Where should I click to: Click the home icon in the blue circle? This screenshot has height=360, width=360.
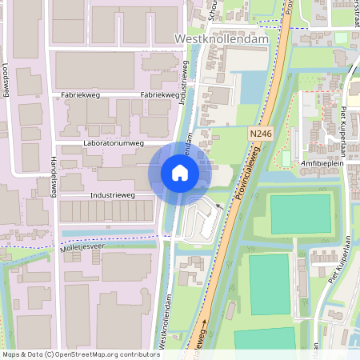tap(180, 173)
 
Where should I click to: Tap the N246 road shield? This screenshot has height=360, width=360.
tap(259, 133)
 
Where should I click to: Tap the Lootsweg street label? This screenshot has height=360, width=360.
tap(6, 79)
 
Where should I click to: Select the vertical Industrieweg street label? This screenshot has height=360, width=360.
tap(185, 84)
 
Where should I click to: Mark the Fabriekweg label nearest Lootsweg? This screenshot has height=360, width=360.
tap(80, 94)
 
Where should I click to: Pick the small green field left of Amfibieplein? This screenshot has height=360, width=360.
tap(286, 158)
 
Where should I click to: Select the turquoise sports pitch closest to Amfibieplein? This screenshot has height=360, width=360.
tap(299, 213)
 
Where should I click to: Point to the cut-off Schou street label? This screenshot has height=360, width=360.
tap(212, 10)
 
